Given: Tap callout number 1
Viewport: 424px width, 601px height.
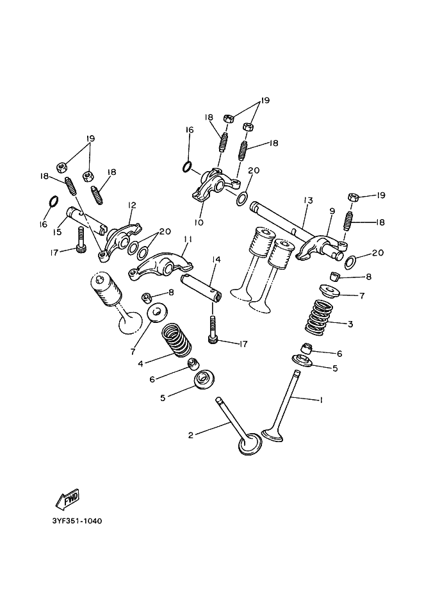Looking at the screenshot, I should [x=320, y=400].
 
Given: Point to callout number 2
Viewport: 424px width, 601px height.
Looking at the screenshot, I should [x=190, y=435].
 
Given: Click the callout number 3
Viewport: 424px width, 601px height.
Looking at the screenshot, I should [x=350, y=324].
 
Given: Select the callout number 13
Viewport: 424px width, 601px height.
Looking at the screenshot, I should [x=308, y=201].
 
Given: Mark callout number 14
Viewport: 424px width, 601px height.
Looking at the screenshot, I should [x=216, y=259].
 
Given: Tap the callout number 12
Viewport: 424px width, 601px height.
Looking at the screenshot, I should [x=132, y=205].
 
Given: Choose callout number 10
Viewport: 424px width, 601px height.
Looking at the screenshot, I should [x=199, y=223].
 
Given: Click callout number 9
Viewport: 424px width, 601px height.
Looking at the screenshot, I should [x=332, y=211].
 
